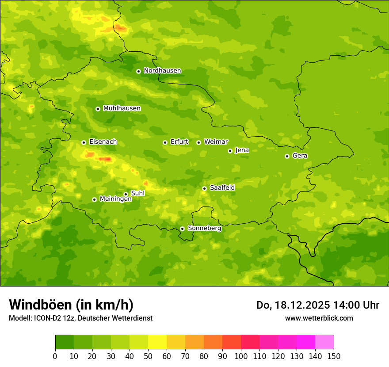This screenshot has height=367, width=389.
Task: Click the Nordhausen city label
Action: tap(162, 71)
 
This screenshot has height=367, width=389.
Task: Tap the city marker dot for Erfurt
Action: tap(165, 142)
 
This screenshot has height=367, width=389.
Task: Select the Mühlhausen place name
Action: tap(122, 108)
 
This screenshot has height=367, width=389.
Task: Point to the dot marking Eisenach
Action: tap(84, 142)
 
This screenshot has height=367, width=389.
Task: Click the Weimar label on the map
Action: tap(216, 142)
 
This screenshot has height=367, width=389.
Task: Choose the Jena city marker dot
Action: tap(230, 151)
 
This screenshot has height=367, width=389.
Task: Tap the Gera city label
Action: tap(300, 156)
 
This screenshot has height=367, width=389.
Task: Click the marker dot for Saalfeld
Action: tap(204, 188)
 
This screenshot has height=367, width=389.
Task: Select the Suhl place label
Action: tap(137, 193)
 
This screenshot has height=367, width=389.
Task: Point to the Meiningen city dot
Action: tap(94, 199)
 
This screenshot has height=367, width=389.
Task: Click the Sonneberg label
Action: tap(204, 228)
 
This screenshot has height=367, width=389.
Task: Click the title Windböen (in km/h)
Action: tap(71, 305)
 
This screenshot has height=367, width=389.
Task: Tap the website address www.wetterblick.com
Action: tap(319, 318)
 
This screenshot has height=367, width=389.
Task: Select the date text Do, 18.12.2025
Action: tap(291, 305)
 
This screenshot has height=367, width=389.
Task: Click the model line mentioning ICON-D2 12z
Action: tap(80, 318)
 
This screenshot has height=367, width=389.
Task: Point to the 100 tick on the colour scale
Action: tap(241, 356)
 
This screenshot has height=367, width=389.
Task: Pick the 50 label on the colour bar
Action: tap(148, 356)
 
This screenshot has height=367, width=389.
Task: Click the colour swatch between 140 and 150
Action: tap(324, 342)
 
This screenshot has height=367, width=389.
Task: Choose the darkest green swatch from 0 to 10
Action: tap(65, 342)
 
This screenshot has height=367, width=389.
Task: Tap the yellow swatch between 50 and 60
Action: tap(157, 342)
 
